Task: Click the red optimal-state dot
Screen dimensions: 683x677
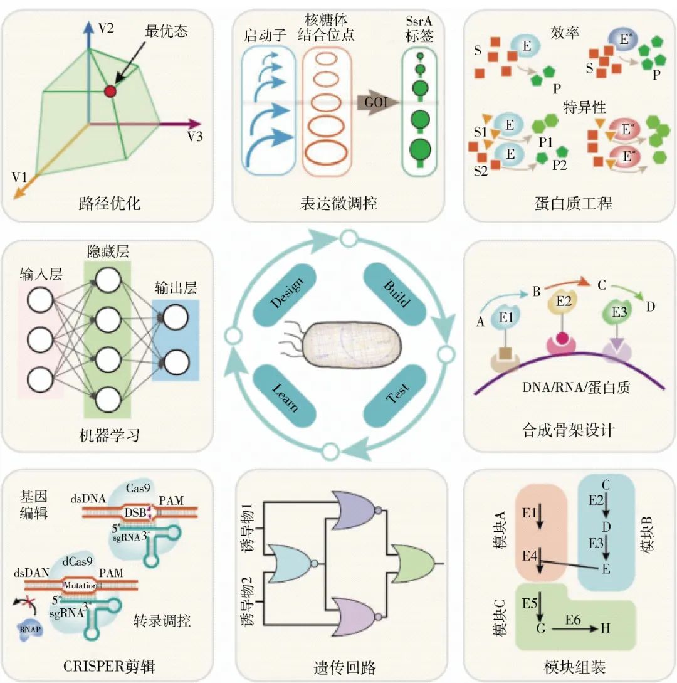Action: pos(110,92)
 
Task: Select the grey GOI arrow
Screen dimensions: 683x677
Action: pos(377,101)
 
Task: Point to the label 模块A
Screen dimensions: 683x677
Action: pos(500,534)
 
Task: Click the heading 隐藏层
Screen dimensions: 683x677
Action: pos(106,251)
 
